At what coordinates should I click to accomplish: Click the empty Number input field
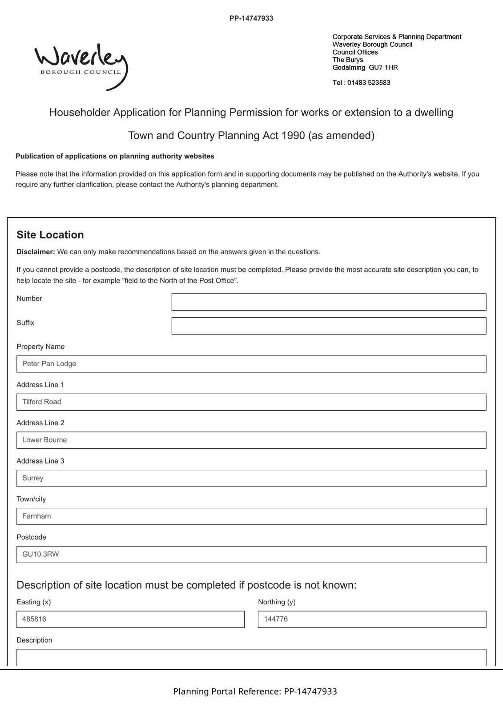(329, 302)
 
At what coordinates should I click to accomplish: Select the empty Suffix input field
(329, 326)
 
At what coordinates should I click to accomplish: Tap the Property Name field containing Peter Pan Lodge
(251, 364)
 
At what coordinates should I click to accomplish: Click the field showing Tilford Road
(251, 402)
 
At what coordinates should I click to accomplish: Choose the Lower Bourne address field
(251, 440)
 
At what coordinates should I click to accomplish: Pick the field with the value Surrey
(251, 479)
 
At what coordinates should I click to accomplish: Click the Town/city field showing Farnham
(251, 516)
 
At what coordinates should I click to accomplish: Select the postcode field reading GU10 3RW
(251, 555)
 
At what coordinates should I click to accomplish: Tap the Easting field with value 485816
(130, 619)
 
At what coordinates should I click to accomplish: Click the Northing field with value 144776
(372, 619)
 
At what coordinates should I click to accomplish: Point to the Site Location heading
(50, 235)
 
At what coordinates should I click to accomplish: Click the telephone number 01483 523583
(369, 83)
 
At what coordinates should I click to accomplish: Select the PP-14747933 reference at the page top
(251, 18)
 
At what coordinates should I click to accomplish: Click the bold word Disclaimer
(36, 252)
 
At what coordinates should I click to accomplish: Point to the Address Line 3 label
(40, 461)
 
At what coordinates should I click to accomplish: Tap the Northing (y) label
(277, 602)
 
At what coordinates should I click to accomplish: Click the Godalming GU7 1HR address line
(365, 68)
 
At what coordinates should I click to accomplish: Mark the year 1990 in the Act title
(294, 136)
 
